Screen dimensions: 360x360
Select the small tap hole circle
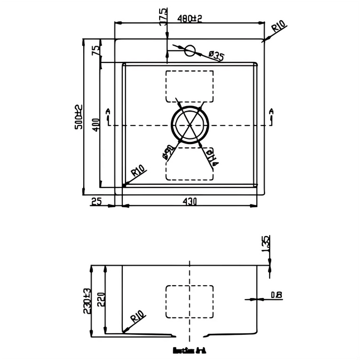click(x=189, y=51)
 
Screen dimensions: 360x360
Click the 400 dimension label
click(x=97, y=124)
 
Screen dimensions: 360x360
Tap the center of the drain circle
click(x=189, y=125)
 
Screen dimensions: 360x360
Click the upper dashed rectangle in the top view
click(x=189, y=87)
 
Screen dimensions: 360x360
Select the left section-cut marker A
click(x=108, y=116)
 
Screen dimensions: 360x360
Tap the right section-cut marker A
click(x=271, y=116)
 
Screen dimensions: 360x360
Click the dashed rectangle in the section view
click(x=189, y=302)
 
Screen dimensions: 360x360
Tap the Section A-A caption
click(x=189, y=352)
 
